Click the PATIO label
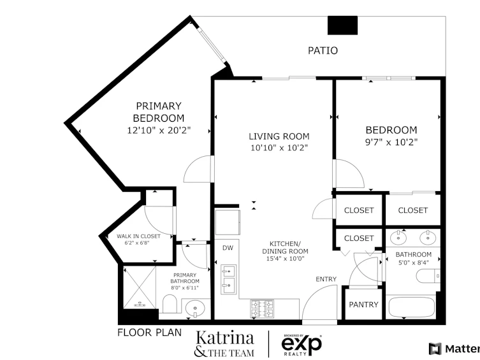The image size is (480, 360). click(x=323, y=50)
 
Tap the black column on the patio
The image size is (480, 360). click(x=342, y=25)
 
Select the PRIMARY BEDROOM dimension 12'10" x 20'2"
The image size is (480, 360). click(x=159, y=131)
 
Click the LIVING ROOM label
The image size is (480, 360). click(x=279, y=136)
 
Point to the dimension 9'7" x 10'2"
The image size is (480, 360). click(x=391, y=142)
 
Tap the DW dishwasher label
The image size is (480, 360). click(x=228, y=248)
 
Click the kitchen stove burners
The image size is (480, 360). click(x=262, y=309)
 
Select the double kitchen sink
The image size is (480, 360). click(x=228, y=280)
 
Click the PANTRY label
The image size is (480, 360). click(x=364, y=305)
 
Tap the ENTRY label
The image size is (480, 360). click(x=326, y=279)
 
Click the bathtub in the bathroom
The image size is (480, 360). click(x=411, y=306)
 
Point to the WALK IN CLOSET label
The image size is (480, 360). click(x=138, y=236)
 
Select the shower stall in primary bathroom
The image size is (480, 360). click(x=140, y=287)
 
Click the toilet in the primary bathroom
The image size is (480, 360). click(x=170, y=304)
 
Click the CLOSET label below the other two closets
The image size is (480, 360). click(x=359, y=238)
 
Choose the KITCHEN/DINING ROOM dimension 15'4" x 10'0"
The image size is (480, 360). click(x=286, y=259)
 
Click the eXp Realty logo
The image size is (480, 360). click(x=302, y=345)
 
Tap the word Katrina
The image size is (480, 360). click(x=225, y=338)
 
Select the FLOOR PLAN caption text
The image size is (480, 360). click(x=150, y=333)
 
